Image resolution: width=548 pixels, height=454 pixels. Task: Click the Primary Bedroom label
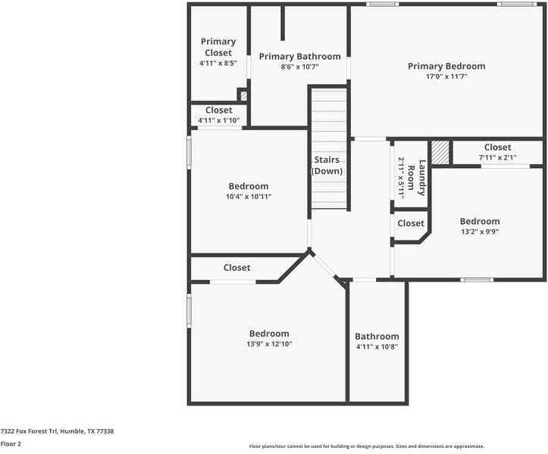tap(446, 67)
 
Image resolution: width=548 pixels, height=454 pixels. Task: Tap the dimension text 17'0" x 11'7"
tap(446, 76)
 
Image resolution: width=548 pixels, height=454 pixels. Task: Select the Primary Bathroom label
tap(299, 57)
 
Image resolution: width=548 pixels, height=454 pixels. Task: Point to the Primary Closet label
tap(218, 47)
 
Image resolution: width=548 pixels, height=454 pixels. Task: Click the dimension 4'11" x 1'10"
tap(218, 120)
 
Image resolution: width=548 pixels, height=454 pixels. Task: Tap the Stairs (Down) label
tap(328, 165)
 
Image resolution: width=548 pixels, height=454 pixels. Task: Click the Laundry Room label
tap(417, 177)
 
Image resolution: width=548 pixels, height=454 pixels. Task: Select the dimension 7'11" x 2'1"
tap(497, 157)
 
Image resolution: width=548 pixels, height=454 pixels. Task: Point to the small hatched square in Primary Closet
tap(243, 96)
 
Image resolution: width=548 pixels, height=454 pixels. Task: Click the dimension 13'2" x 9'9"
tap(479, 232)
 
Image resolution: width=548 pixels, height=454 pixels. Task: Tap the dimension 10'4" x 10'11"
tap(249, 197)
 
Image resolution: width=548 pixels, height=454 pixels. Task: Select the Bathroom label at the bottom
tap(377, 337)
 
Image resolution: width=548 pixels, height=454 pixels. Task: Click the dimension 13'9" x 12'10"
tap(269, 344)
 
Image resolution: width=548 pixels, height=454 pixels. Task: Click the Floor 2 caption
tap(11, 443)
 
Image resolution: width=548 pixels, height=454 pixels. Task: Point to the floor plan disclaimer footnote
tap(367, 446)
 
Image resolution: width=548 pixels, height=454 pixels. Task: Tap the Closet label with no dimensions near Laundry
tap(411, 223)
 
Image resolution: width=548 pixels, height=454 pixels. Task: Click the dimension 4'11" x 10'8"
tap(377, 347)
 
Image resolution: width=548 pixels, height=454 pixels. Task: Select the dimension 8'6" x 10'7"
tap(299, 67)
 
